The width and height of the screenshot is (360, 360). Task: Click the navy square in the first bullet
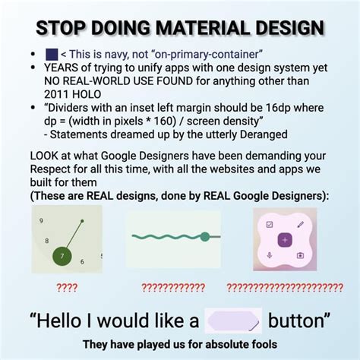pyautogui.click(x=52, y=54)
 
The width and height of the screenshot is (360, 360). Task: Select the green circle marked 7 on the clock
pyautogui.click(x=62, y=256)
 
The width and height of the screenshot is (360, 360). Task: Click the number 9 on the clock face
pyautogui.click(x=40, y=219)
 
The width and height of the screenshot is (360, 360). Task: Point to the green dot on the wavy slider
pyautogui.click(x=204, y=237)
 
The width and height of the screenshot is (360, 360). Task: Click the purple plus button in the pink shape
pyautogui.click(x=285, y=240)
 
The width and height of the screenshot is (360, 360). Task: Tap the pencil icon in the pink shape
pyautogui.click(x=301, y=225)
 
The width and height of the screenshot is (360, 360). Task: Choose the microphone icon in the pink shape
pyautogui.click(x=270, y=255)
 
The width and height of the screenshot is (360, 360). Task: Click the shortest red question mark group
pyautogui.click(x=67, y=288)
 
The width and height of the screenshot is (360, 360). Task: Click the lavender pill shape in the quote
pyautogui.click(x=233, y=321)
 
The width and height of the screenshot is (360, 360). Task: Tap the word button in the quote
pyautogui.click(x=298, y=320)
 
